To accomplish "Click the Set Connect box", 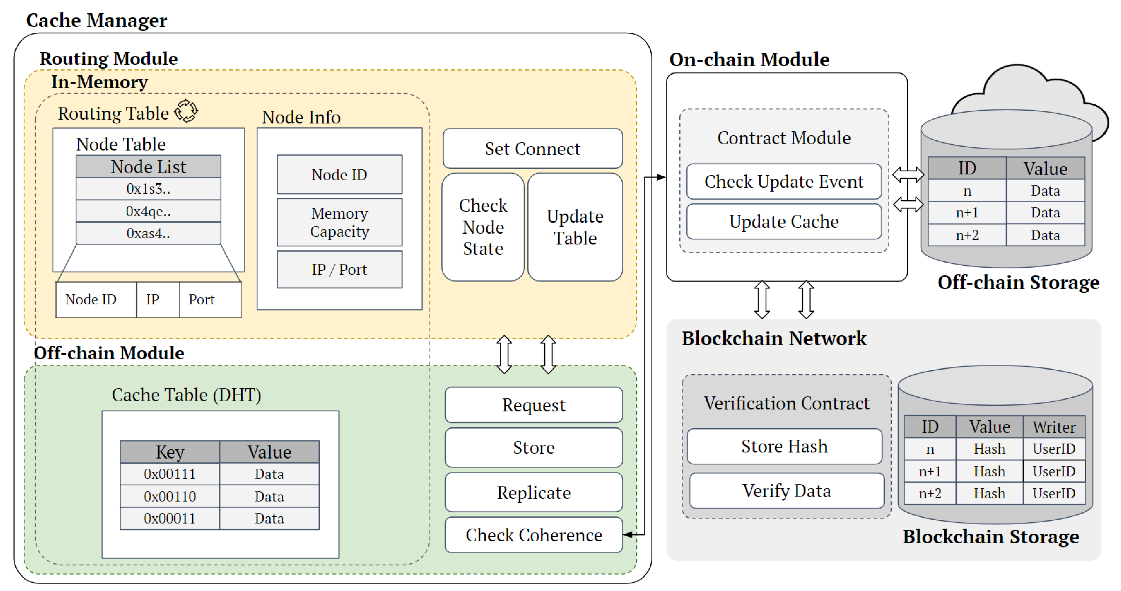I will (532, 149).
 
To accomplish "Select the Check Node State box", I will (483, 227).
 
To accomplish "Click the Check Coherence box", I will (534, 535).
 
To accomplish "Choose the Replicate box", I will (534, 493).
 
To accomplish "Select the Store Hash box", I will (784, 446).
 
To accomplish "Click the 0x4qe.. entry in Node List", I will (149, 211).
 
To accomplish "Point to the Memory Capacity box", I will (340, 223).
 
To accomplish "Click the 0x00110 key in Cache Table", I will (170, 496).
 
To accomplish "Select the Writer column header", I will (1054, 427).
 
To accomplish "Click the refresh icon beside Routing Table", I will (186, 112).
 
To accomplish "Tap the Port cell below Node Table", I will (201, 300).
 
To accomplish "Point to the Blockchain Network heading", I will (774, 338).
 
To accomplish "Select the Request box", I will (534, 405).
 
